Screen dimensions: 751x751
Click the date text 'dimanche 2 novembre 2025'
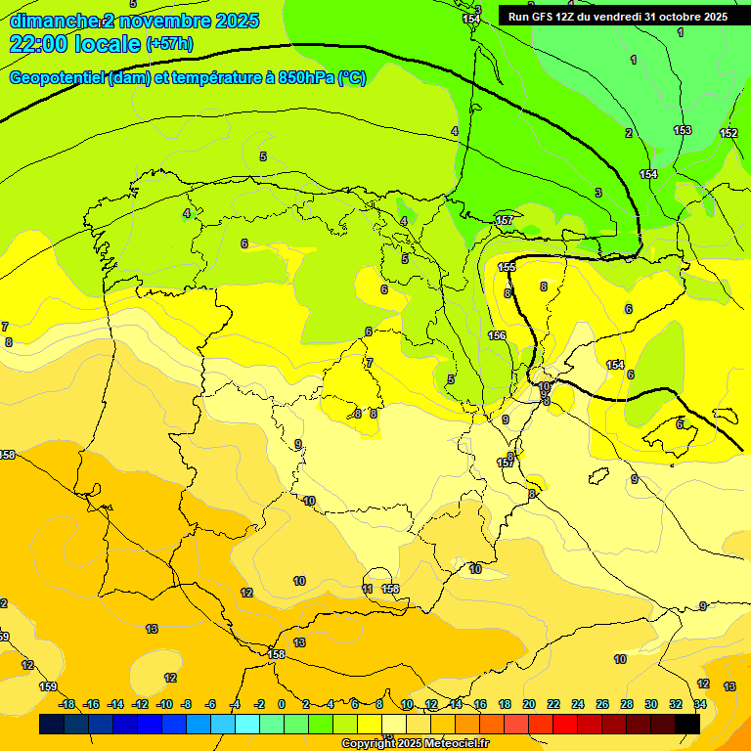[134, 21]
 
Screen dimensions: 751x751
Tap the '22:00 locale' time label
[74, 44]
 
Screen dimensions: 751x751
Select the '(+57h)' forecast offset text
[169, 44]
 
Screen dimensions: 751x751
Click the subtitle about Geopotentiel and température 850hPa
[188, 78]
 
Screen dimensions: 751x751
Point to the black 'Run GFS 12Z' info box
[617, 17]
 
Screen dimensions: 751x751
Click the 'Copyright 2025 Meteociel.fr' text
[415, 744]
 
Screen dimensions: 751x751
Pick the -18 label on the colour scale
[67, 704]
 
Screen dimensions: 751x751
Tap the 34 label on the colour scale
[700, 704]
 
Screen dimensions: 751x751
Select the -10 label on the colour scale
[164, 704]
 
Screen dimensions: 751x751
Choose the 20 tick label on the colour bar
[529, 704]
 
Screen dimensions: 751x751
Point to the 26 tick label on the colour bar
[602, 704]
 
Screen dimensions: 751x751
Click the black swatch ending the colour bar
[687, 724]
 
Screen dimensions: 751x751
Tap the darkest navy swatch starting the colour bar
[52, 724]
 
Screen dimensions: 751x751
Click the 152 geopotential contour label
[729, 133]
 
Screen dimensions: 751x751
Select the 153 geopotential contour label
[683, 130]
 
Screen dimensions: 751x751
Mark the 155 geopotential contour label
[507, 267]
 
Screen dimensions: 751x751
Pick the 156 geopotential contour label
[497, 335]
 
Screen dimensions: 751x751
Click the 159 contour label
[48, 686]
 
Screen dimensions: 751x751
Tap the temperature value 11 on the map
[367, 589]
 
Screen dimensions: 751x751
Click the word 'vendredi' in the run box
[612, 17]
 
